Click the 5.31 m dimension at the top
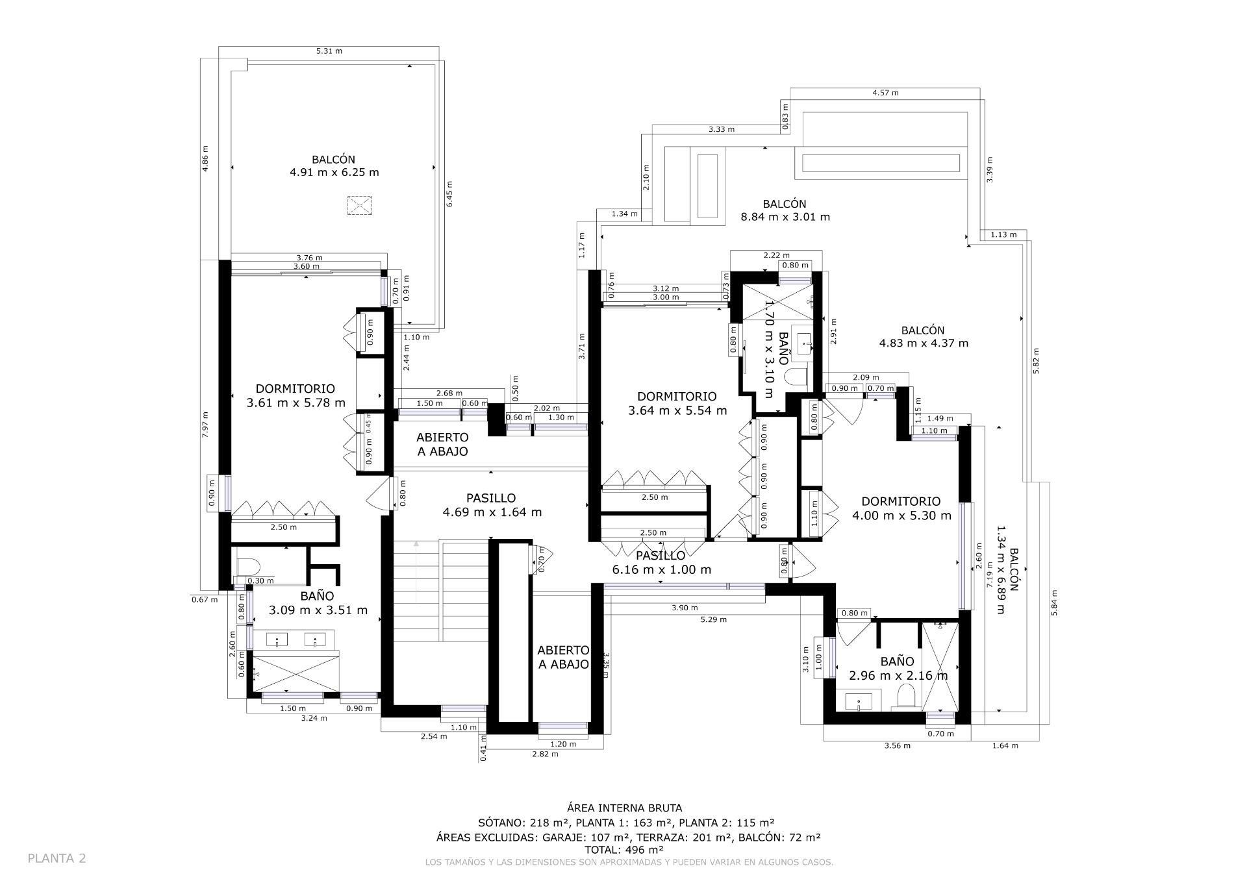tap(329, 51)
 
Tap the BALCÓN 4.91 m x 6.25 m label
tap(334, 166)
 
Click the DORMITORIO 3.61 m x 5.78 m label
tap(296, 395)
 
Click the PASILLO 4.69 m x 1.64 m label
tap(492, 505)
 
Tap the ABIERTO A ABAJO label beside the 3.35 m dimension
tap(563, 657)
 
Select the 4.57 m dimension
tap(885, 93)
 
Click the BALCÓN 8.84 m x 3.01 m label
tap(785, 210)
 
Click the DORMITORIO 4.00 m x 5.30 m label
tap(901, 508)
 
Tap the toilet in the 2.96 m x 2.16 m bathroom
tap(905, 698)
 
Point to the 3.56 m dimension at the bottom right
tap(897, 745)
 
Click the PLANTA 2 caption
tap(57, 858)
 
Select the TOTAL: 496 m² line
tap(623, 849)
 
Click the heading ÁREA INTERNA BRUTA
tap(624, 808)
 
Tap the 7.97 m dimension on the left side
tap(205, 425)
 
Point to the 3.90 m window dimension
tap(685, 608)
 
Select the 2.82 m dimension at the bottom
tap(545, 754)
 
